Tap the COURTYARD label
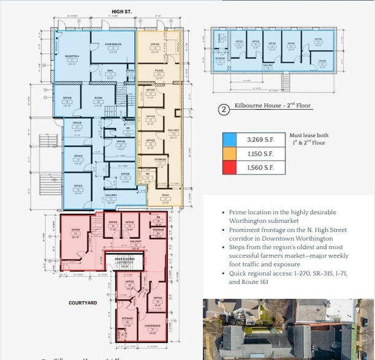click(80, 302)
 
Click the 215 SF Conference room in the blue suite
click(112, 47)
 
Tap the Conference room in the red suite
click(152, 328)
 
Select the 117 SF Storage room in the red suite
click(127, 321)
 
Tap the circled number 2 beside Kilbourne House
click(224, 110)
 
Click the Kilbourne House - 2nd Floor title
click(273, 106)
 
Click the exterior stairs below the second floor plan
click(285, 81)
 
